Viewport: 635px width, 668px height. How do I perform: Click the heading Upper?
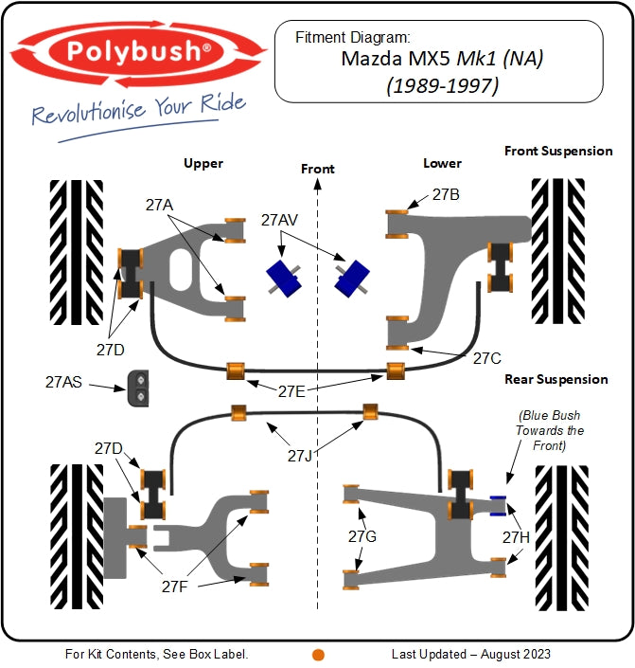coord(203,163)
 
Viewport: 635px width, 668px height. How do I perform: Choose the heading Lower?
coord(442,163)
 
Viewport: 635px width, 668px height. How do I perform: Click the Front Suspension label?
coord(558,151)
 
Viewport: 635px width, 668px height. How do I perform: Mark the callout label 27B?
coord(446,194)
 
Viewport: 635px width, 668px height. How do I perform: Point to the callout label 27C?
coord(486,358)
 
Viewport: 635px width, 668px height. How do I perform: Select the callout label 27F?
coord(175,587)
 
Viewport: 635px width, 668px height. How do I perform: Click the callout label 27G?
coord(362,537)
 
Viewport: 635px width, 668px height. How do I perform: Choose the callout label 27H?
coord(516,537)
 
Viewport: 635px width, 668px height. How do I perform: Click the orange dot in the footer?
coord(318,654)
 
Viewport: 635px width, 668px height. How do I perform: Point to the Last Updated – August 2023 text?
coord(471,654)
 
